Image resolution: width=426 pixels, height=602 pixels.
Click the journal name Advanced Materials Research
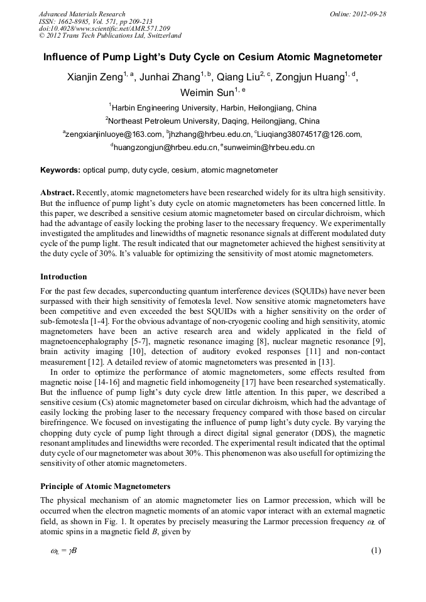(x=82, y=14)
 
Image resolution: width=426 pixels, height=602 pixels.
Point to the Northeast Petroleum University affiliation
(x=212, y=121)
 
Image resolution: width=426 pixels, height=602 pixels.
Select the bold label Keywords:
(x=60, y=170)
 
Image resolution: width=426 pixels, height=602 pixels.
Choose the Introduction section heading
(x=63, y=276)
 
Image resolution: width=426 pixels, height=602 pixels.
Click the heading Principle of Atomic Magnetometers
(x=105, y=486)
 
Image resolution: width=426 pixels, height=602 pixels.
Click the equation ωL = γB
(x=63, y=551)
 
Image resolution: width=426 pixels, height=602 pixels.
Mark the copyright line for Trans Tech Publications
(x=110, y=36)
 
